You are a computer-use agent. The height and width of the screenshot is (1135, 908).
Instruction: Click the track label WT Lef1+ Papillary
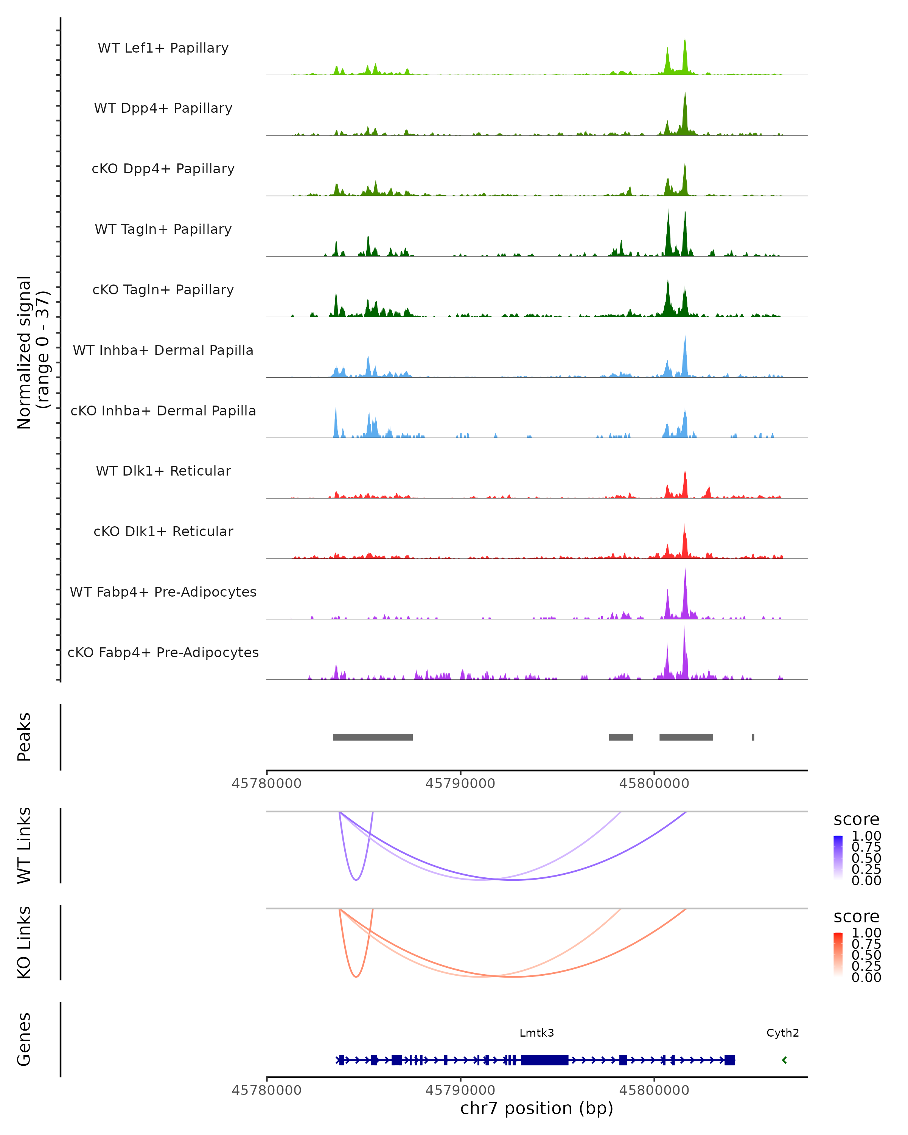tap(163, 48)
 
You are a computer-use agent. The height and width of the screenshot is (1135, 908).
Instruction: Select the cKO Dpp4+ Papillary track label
tap(163, 169)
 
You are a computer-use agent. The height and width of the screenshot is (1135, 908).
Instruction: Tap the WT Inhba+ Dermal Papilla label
tap(163, 351)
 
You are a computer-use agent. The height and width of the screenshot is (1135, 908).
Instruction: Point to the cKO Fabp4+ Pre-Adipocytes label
tap(163, 653)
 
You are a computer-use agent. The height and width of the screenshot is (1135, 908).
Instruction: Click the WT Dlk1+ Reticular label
tap(163, 471)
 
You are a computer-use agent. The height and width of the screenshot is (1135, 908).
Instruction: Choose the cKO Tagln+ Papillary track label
tap(163, 290)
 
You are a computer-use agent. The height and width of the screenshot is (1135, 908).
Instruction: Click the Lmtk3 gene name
tap(536, 1033)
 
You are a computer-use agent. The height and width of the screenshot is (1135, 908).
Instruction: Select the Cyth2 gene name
tap(782, 1033)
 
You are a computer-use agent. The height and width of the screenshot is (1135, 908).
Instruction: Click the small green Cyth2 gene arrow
tap(784, 1060)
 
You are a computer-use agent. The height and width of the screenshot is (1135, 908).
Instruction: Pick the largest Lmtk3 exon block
tap(544, 1060)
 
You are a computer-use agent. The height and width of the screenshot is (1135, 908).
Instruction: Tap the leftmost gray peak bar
tap(373, 737)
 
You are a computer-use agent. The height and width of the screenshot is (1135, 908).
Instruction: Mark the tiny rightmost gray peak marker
tap(753, 737)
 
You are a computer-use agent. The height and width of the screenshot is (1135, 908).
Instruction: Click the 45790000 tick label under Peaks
tap(460, 784)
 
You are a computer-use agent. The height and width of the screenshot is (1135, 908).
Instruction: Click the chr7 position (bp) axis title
tap(536, 1109)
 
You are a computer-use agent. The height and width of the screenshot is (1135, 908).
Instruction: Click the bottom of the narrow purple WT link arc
tap(356, 880)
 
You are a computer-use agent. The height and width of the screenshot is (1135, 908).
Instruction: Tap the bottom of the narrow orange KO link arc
tap(356, 976)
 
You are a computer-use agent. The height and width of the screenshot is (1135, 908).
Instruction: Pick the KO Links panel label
tap(24, 943)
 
